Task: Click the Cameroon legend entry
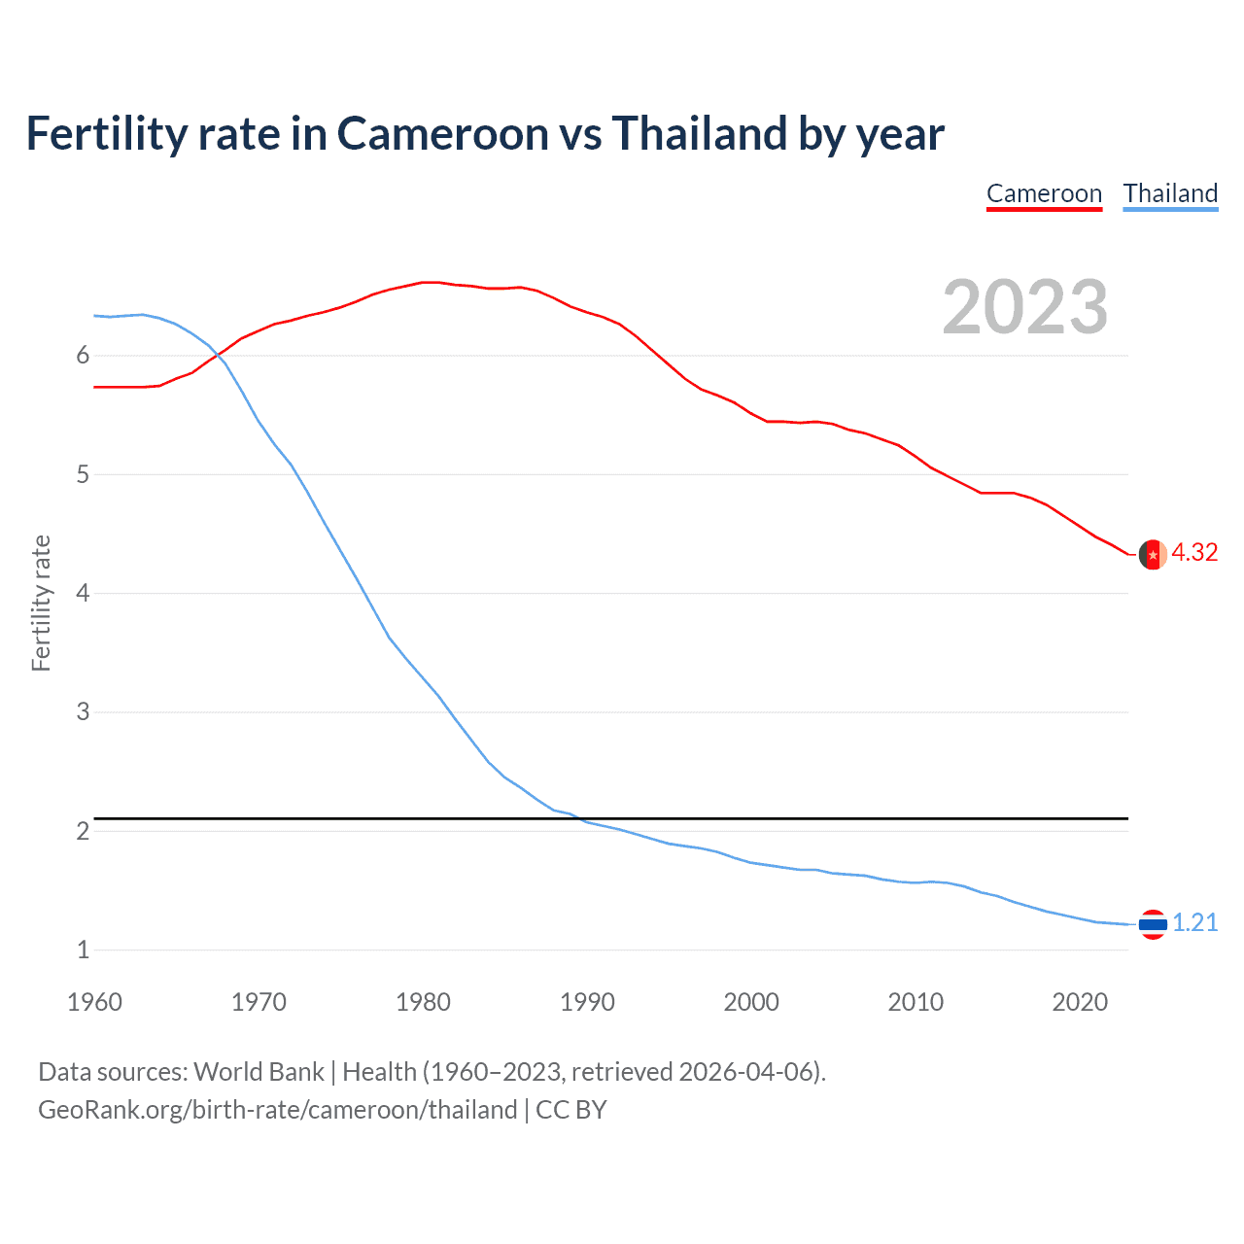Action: click(x=1044, y=193)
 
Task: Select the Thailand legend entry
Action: click(x=1170, y=193)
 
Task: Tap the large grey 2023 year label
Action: click(x=1024, y=307)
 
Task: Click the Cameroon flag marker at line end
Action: click(x=1153, y=554)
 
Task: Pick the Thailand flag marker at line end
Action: click(x=1153, y=923)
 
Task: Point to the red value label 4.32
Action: click(x=1194, y=552)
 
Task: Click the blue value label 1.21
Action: click(x=1194, y=922)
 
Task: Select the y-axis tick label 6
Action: click(x=83, y=356)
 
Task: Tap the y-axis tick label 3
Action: click(x=83, y=712)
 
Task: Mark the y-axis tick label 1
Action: click(x=83, y=950)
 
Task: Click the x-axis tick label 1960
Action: click(x=94, y=1002)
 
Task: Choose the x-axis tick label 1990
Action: click(x=587, y=1002)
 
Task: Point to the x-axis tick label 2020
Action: click(x=1080, y=1002)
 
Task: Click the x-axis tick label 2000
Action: click(x=751, y=1002)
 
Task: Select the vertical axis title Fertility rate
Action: click(x=41, y=603)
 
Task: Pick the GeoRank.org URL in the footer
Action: click(x=277, y=1110)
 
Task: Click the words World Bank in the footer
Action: click(x=259, y=1072)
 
